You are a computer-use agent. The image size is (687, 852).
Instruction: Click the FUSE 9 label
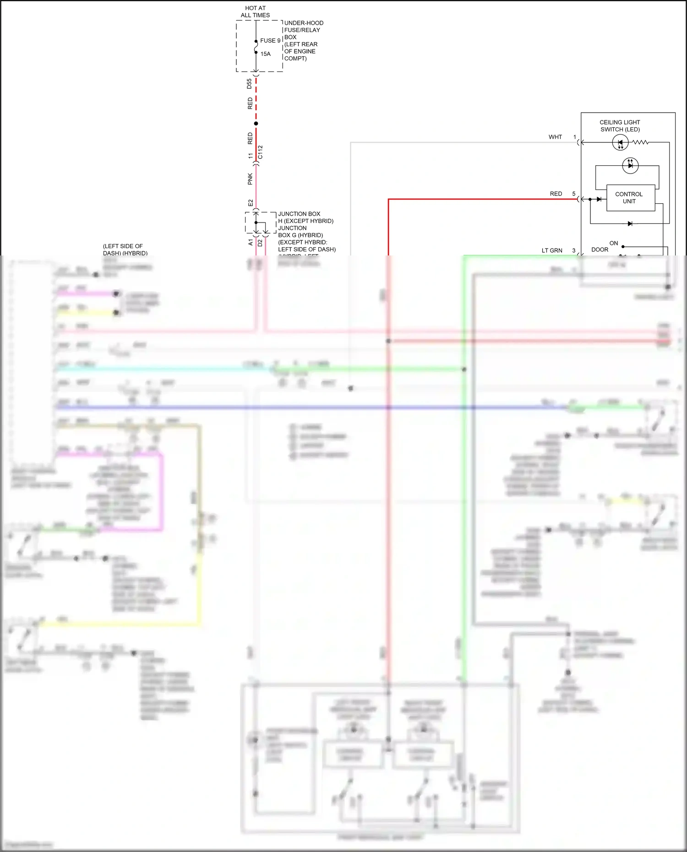point(270,41)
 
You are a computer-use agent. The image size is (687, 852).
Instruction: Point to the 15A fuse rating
point(266,54)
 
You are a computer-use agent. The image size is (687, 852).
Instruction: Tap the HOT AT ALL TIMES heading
point(255,12)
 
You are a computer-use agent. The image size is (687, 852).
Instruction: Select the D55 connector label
point(249,84)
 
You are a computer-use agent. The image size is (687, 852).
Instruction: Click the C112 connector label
point(260,152)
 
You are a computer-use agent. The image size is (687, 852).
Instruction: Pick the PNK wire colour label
point(250,179)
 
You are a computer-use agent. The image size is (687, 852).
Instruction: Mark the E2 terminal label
point(251,203)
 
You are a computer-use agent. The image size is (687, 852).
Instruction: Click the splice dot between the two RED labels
point(256,124)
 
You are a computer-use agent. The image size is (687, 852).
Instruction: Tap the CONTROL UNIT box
point(630,198)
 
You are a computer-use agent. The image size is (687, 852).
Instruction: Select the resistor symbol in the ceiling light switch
point(640,142)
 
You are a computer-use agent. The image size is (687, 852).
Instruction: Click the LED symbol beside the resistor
point(620,142)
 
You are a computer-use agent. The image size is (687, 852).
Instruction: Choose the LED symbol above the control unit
point(630,165)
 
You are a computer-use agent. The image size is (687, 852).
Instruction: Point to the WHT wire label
point(555,137)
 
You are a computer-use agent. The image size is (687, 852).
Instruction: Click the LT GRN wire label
point(552,250)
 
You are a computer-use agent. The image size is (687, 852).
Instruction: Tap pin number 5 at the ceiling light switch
point(573,194)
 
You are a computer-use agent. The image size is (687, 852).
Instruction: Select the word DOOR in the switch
point(600,250)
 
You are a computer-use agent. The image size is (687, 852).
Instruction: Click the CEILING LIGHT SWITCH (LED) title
point(620,126)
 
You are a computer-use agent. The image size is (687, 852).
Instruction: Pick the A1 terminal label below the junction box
point(251,242)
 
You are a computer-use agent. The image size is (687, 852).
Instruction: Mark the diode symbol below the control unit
point(630,224)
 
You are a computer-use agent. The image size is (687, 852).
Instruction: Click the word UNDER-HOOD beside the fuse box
point(304,23)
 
